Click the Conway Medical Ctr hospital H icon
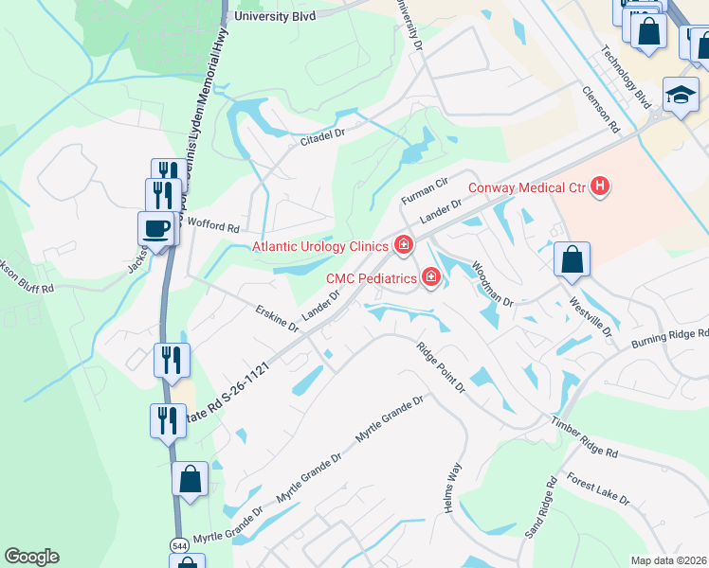(599, 186)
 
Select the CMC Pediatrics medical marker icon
(431, 278)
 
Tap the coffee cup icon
(155, 228)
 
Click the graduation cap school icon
(681, 96)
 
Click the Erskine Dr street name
(278, 318)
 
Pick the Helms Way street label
(452, 487)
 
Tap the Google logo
(31, 557)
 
